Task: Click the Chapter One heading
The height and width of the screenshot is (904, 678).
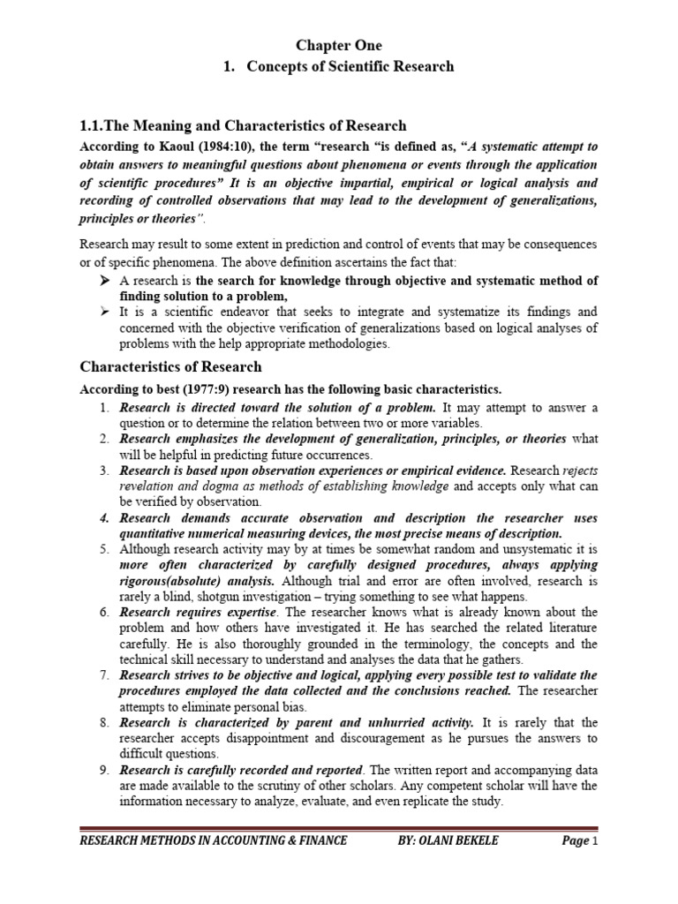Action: (339, 45)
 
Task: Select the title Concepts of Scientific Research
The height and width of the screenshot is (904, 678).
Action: (350, 66)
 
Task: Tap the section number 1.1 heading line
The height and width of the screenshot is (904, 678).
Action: (244, 126)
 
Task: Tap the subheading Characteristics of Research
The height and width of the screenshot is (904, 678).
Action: (171, 365)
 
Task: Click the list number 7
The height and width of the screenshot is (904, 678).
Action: (103, 675)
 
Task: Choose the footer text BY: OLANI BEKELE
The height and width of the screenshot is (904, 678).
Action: (448, 840)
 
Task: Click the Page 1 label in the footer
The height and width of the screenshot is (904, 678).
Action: (580, 840)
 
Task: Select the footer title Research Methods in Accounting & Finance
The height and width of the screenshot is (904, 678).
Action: (214, 840)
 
